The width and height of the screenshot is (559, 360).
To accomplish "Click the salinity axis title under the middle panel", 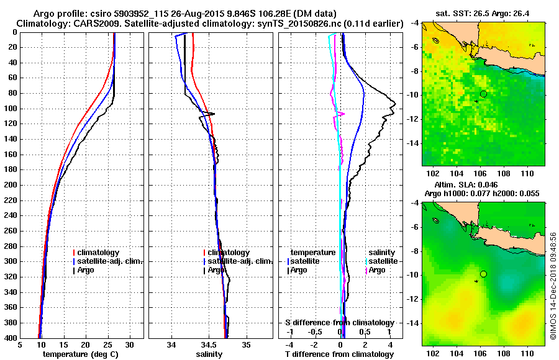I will tap(210, 354).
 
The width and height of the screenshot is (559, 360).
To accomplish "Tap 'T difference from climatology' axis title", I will tap(340, 354).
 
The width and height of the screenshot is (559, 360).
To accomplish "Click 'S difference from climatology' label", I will tap(340, 323).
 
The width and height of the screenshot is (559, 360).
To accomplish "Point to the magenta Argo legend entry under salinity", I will tap(376, 270).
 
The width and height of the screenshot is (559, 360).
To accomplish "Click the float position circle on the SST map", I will tap(483, 93).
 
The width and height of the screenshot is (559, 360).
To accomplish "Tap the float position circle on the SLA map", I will tap(483, 274).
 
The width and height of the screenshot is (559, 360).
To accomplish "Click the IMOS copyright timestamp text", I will tap(553, 286).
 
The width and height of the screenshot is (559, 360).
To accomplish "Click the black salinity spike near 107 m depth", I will tap(212, 114).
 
